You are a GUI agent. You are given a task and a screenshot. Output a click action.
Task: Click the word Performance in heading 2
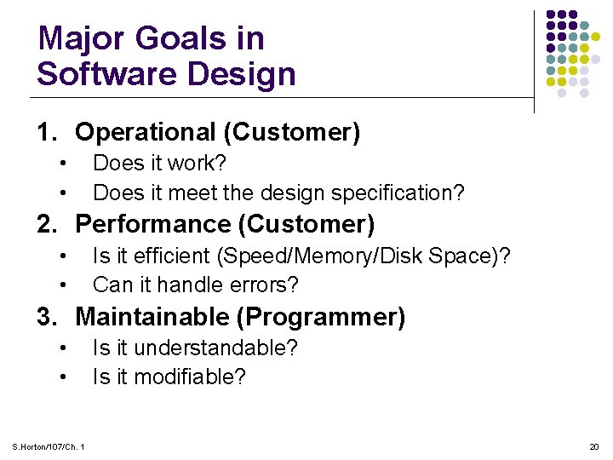153,224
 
